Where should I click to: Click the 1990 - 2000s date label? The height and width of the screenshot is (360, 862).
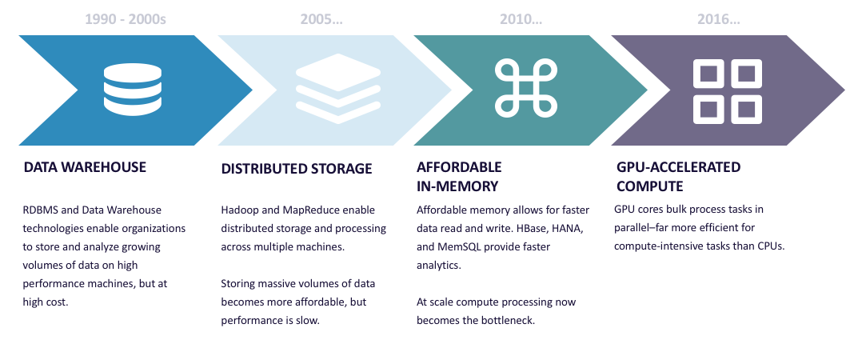126,19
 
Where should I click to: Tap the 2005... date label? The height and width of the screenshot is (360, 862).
321,19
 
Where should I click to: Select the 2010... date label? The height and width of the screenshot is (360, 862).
521,19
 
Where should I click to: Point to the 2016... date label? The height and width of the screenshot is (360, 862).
719,19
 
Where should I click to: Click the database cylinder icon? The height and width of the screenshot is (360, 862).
133,90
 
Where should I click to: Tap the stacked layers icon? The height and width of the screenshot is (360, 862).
337,89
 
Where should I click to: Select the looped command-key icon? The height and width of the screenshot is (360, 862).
526,89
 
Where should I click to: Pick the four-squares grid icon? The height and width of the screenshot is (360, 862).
728,90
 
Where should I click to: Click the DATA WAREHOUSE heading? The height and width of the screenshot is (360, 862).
85,167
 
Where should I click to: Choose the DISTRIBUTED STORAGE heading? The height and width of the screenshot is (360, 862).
297,169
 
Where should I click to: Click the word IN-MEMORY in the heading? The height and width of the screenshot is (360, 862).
457,186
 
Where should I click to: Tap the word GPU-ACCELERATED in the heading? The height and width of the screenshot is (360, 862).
678,167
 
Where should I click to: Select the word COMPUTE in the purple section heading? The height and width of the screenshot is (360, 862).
649,186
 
